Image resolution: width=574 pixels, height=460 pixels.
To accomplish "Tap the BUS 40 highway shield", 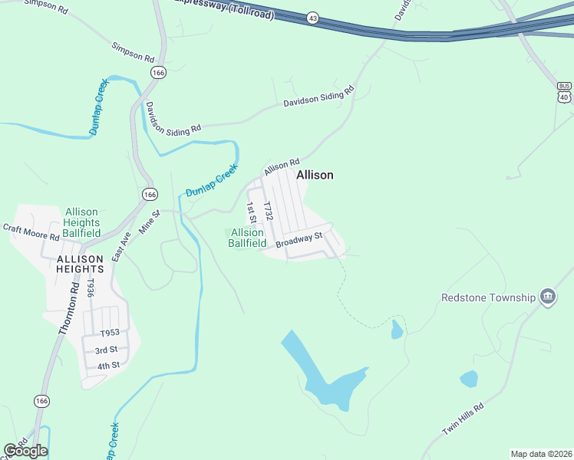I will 565,91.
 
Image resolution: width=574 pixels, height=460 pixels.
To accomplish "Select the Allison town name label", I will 315,175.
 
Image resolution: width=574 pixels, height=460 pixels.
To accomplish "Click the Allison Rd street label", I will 281,166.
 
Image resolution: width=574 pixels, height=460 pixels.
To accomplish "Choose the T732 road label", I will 268,212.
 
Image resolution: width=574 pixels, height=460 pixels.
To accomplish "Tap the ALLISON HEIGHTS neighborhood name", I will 80,264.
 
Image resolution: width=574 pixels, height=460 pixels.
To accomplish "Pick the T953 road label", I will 111,333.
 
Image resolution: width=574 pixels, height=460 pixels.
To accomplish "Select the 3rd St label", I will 106,350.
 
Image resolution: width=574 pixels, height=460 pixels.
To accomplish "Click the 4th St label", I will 108,366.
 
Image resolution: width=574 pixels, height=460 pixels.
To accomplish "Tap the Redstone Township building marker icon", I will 547,297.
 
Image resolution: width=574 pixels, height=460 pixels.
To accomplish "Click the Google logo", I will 25,451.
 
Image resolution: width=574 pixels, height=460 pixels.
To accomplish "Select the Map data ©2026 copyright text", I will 541,453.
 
